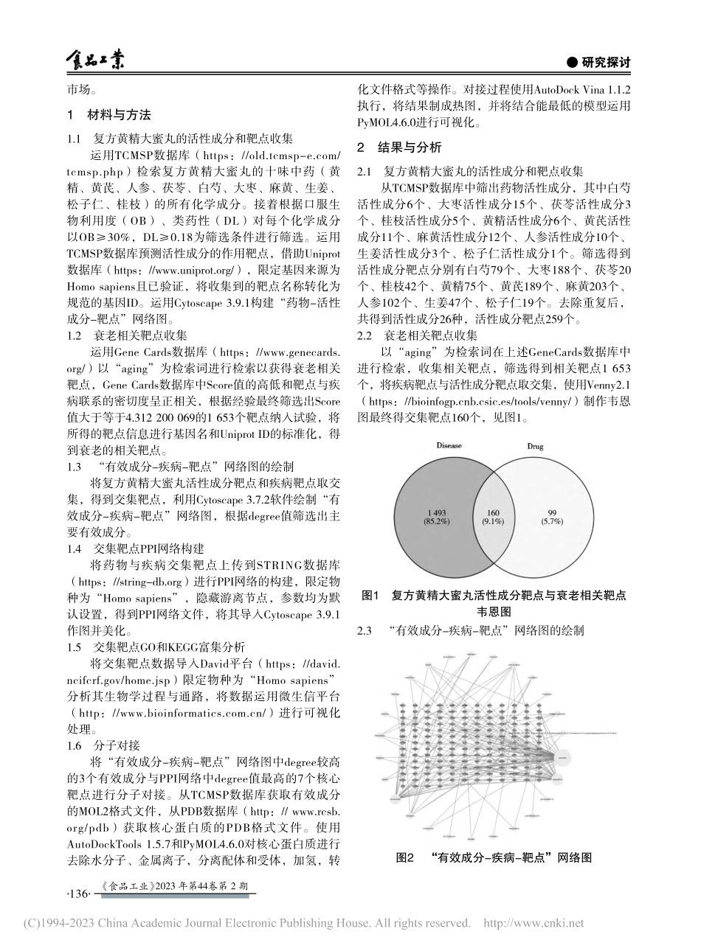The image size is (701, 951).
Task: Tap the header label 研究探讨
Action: pos(599,63)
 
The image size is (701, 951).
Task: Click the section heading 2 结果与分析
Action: pos(399,146)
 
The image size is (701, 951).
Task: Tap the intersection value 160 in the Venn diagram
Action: pos(491,512)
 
